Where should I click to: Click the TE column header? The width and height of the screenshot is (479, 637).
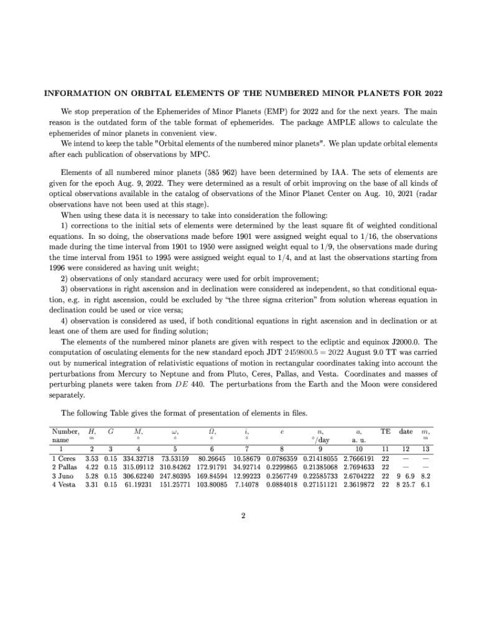[385, 431]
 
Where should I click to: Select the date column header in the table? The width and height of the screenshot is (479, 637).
[406, 431]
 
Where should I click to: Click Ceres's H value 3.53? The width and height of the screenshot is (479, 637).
[92, 457]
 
